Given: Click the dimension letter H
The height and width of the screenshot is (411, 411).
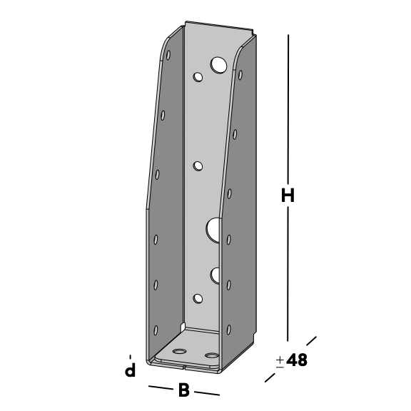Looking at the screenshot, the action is click(288, 196).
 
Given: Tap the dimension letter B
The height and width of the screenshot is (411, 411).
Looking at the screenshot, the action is click(184, 390).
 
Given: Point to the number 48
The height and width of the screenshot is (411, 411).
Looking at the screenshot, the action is click(297, 360).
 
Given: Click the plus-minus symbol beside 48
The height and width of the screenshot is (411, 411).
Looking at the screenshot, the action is click(280, 362).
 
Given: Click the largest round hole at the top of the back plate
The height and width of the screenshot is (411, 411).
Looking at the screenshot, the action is click(218, 65).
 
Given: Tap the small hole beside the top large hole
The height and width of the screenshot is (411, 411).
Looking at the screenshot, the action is click(198, 77).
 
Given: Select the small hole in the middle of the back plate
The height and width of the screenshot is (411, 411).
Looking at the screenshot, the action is click(198, 166).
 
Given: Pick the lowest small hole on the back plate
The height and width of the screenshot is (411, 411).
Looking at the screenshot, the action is click(198, 298).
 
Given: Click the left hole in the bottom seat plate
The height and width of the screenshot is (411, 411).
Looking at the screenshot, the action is click(179, 351).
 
